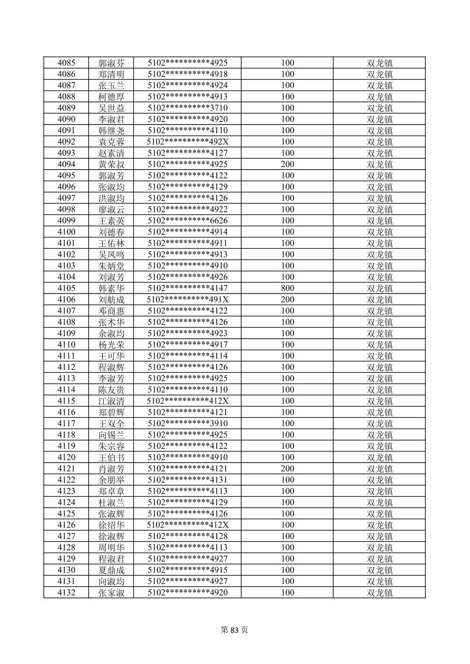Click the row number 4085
(66, 63)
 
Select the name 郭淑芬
(111, 63)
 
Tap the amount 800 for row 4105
(287, 288)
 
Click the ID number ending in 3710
(188, 108)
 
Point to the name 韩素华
(111, 289)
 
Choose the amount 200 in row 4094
(287, 164)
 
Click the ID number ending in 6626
(188, 221)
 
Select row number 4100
(66, 232)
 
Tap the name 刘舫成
(111, 300)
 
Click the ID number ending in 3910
(188, 424)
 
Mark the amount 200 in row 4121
(287, 469)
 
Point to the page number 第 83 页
(234, 630)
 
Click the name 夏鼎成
(111, 570)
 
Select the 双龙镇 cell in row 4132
(379, 593)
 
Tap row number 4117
(66, 424)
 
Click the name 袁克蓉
(111, 142)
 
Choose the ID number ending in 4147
(188, 288)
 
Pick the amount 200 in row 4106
(287, 299)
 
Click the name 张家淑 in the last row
(111, 593)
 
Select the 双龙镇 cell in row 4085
(379, 63)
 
